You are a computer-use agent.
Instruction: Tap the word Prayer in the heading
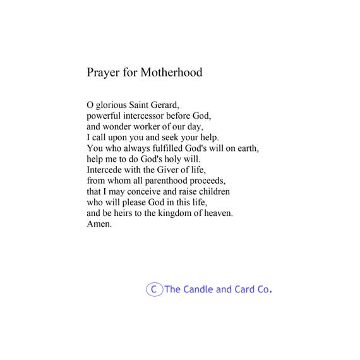(x=102, y=73)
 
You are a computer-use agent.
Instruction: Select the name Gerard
(x=172, y=105)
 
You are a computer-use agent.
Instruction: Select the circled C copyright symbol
(x=154, y=290)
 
